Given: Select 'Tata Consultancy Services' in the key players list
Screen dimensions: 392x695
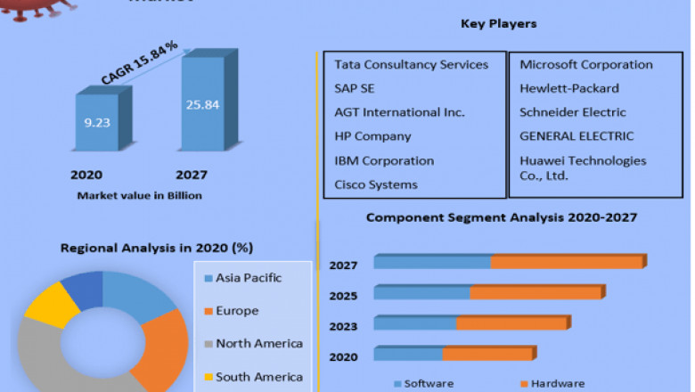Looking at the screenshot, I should click(x=411, y=65).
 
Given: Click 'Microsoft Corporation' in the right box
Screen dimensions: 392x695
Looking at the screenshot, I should click(x=585, y=65).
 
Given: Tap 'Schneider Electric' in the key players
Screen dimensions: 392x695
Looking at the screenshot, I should click(x=573, y=113).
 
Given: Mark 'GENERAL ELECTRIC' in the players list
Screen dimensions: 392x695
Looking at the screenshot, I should click(x=576, y=137).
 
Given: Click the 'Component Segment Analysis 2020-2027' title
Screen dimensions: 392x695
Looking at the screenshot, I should click(x=503, y=217).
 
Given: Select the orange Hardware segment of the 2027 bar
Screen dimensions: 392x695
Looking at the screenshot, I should click(x=567, y=262).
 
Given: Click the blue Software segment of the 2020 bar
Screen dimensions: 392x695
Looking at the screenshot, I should click(x=407, y=355).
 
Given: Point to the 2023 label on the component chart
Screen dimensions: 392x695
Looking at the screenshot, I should click(x=344, y=326).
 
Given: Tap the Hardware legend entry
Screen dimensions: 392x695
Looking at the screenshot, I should click(x=557, y=384).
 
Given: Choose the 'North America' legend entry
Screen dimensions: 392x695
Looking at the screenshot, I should click(x=258, y=344).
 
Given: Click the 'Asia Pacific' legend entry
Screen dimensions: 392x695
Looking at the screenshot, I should click(x=248, y=278).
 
